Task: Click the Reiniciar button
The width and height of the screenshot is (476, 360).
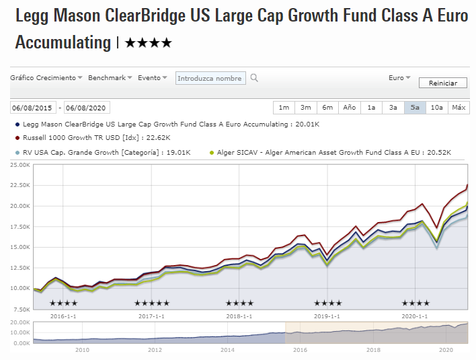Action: click(442, 83)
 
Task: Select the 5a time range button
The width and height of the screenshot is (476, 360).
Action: click(415, 108)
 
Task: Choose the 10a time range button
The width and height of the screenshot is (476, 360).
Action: click(437, 108)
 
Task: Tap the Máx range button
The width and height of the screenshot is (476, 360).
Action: click(459, 108)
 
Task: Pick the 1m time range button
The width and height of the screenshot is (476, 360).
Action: click(284, 108)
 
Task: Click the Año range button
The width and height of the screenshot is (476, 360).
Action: click(350, 108)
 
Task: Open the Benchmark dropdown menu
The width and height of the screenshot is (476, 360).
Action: click(110, 78)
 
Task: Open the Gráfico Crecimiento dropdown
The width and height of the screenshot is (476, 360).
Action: click(46, 78)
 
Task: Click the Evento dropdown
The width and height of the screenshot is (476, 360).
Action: click(153, 78)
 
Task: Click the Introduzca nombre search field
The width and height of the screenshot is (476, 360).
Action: click(210, 78)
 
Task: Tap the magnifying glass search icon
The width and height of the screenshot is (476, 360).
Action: click(254, 78)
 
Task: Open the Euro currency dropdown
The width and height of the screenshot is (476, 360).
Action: click(399, 78)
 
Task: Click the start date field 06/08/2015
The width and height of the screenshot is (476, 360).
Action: click(33, 108)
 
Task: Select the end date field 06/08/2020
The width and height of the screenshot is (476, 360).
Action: click(87, 108)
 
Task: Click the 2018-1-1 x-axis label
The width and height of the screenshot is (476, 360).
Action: click(239, 316)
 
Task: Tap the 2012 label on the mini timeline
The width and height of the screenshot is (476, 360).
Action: click(155, 350)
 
